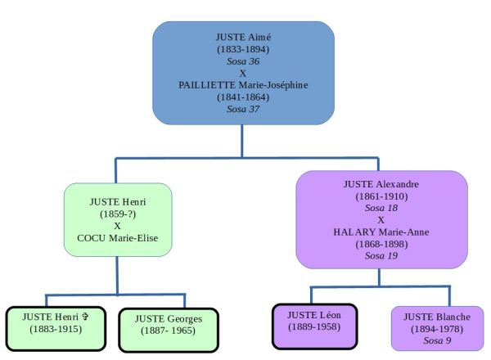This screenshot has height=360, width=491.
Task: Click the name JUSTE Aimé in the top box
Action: tap(242, 35)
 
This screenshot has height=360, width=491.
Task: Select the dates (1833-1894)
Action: tap(242, 47)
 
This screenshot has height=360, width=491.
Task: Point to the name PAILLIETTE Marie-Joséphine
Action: tap(242, 83)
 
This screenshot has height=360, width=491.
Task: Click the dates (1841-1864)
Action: tap(242, 96)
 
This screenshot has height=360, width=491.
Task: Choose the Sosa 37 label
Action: tap(242, 108)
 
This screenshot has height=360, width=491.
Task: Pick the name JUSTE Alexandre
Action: tap(381, 183)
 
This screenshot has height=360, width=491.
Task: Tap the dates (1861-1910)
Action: tap(381, 196)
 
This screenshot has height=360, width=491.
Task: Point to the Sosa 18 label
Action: tap(381, 208)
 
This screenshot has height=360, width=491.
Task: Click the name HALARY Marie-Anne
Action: tap(381, 232)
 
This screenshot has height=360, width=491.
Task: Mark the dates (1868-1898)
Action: tap(381, 244)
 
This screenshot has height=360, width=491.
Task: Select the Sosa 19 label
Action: tap(381, 256)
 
